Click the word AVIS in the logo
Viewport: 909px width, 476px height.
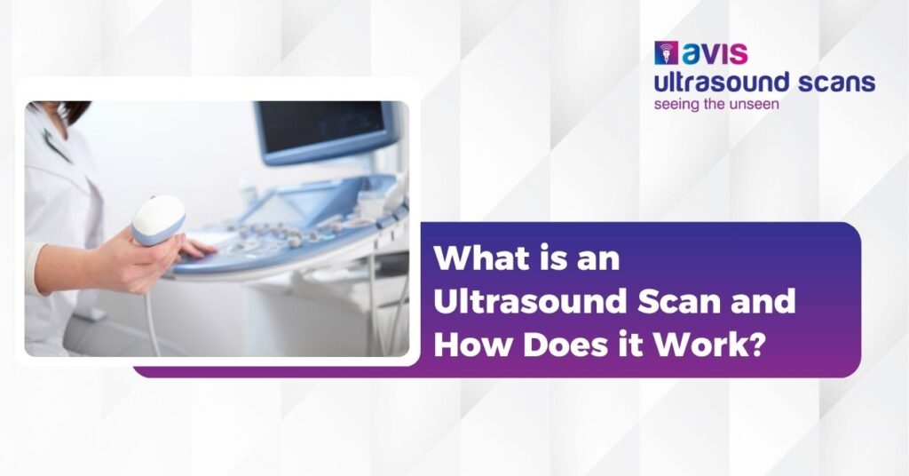coord(715,53)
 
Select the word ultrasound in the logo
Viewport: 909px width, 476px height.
coord(721,83)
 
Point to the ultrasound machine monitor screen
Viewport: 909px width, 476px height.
coord(325,130)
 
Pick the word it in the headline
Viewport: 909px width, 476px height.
coord(626,345)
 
